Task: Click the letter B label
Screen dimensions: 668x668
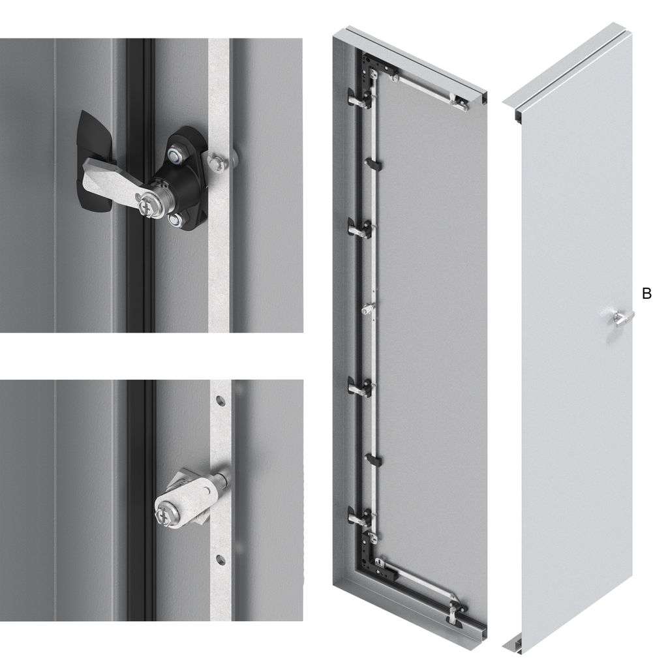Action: [x=646, y=294]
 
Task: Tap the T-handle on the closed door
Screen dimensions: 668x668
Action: [x=624, y=318]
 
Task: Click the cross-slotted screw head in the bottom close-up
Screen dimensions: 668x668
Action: [x=162, y=517]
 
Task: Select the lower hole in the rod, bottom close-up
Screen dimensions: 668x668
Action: [x=220, y=560]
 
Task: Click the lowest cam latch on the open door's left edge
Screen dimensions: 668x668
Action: [x=359, y=517]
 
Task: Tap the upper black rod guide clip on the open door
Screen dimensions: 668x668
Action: [x=372, y=163]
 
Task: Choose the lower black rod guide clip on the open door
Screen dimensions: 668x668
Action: [x=374, y=460]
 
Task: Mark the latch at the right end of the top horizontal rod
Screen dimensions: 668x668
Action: [x=459, y=101]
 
